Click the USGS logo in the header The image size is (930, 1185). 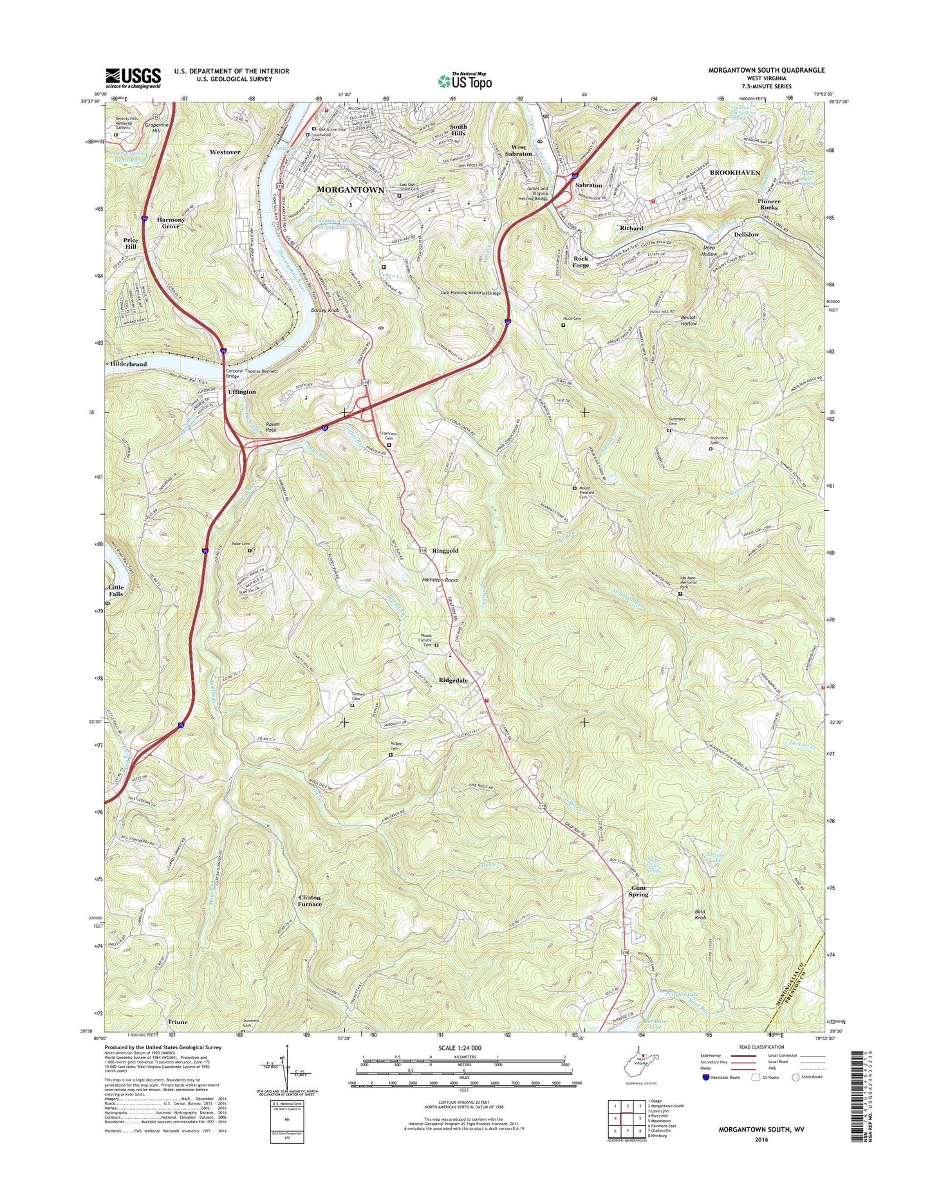133,78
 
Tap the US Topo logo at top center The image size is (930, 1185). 465,80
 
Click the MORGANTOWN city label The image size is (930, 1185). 350,190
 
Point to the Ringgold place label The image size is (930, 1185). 445,551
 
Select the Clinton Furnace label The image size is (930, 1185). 310,901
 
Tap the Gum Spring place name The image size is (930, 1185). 638,891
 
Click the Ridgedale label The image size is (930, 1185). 453,680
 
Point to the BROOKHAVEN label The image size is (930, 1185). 734,172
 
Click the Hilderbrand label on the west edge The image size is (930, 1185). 129,364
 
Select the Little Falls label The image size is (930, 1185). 116,591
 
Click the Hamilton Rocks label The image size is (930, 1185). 440,580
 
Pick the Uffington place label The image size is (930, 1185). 241,391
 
